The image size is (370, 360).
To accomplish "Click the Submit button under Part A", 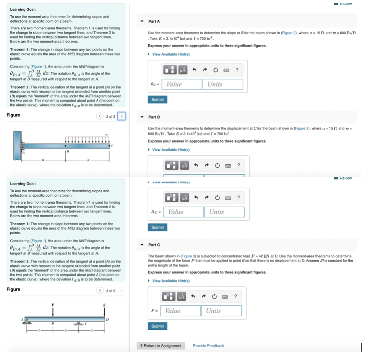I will tap(157, 100).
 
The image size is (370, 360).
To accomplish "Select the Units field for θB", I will tap(224, 84).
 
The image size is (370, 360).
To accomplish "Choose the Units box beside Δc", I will tap(226, 212).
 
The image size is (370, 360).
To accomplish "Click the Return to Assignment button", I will tap(161, 346).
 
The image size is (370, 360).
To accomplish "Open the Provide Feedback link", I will tap(208, 346).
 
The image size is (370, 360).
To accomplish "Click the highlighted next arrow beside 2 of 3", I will tap(122, 116).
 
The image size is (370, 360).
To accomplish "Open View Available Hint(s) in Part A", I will tap(170, 54).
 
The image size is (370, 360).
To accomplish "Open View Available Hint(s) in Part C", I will tap(170, 281).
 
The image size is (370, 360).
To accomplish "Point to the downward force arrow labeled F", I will tap(104, 310).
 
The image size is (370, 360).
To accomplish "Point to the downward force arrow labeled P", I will tap(53, 310).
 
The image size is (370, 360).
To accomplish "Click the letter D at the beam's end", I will tap(107, 319).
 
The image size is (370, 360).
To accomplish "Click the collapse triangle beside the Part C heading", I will tap(143, 245).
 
